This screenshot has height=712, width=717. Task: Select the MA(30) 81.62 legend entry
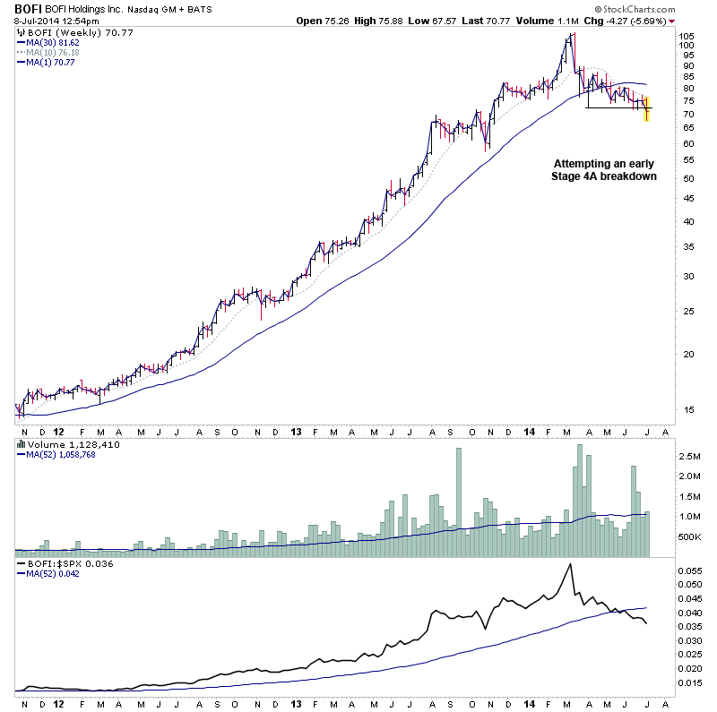(x=55, y=42)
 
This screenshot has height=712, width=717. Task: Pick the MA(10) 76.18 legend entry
(x=55, y=53)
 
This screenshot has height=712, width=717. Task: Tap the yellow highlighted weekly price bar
(x=647, y=108)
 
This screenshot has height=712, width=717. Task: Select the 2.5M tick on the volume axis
(x=690, y=457)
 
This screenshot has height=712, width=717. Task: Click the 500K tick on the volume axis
(x=690, y=536)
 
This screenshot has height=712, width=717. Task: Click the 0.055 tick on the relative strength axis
(x=690, y=570)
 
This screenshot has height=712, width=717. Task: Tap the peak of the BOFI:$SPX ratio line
(x=570, y=563)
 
